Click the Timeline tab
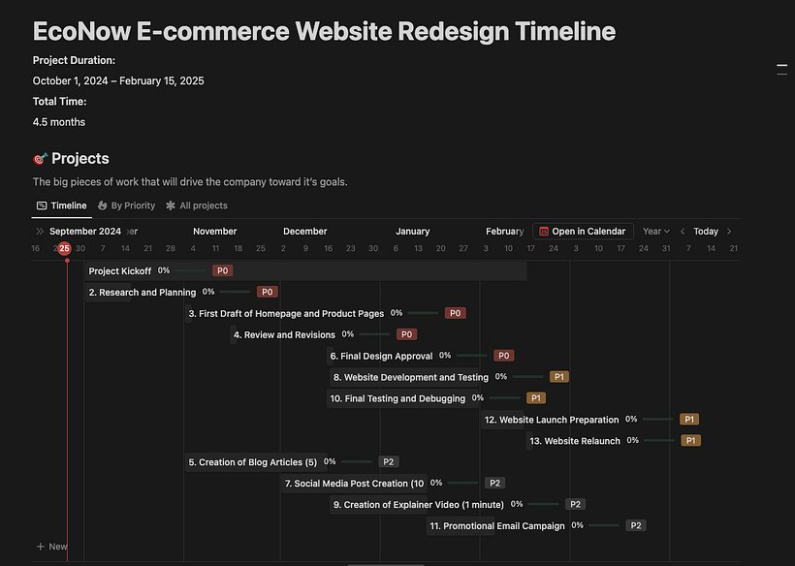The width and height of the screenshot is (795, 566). tap(61, 205)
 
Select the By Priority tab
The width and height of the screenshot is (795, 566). tap(126, 205)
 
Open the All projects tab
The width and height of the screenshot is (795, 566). tap(197, 205)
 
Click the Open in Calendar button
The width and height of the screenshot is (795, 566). tap(583, 232)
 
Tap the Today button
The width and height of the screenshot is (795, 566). tap(706, 232)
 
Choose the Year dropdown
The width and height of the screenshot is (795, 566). tap(656, 232)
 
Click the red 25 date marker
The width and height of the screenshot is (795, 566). tap(64, 249)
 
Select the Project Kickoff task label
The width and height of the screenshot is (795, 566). tap(120, 271)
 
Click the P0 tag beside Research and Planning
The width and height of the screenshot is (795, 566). tap(268, 292)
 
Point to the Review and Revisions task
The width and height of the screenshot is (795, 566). tap(289, 334)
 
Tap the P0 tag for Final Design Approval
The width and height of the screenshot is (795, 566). tap(503, 356)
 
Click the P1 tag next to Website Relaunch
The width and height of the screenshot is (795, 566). tap(690, 441)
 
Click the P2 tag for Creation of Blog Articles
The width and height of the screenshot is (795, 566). tap(388, 462)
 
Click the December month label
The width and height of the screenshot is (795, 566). tap(304, 232)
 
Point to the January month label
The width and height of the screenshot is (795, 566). tap(412, 232)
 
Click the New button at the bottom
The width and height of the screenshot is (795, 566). tap(52, 547)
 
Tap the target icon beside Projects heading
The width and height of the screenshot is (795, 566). tap(40, 159)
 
